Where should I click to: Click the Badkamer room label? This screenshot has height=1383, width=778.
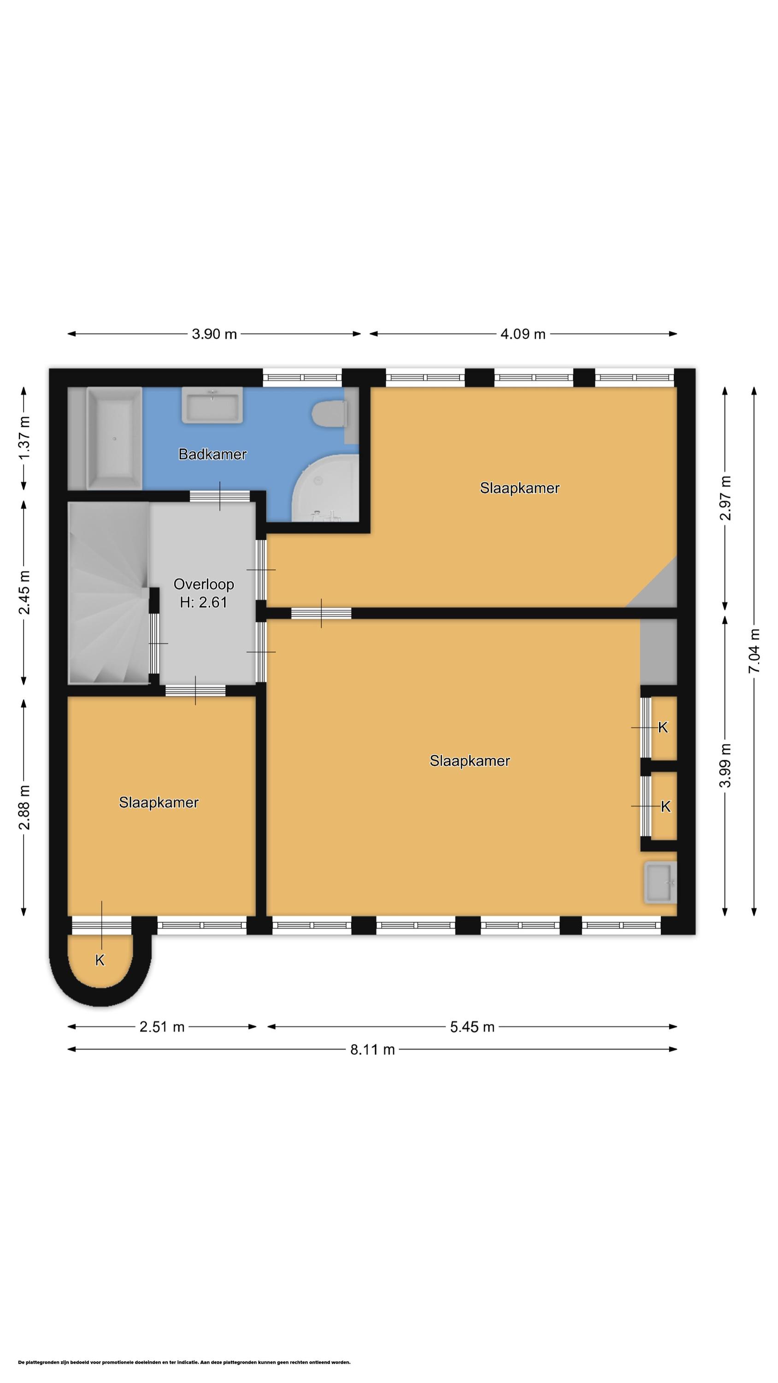coord(212,454)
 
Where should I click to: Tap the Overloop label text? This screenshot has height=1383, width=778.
coord(204,584)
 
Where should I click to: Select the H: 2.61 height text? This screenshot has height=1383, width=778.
coord(204,603)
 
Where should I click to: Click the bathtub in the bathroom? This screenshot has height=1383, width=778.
coord(114,438)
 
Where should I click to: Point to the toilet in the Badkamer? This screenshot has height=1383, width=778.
coord(328,414)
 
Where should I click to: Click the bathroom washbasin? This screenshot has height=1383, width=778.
coord(212,405)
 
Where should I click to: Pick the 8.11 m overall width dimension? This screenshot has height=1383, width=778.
coord(372,1049)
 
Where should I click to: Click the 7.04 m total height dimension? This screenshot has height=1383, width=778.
coord(754,650)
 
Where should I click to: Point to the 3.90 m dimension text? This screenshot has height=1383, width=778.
coord(214,334)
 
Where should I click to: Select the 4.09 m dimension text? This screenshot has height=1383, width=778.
coord(523,334)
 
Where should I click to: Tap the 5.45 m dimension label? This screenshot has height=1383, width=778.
coord(472,1027)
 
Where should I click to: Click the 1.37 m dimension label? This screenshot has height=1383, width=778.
coord(24,438)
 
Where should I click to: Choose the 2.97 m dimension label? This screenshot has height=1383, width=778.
coord(725,498)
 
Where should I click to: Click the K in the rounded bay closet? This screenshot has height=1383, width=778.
coord(100,960)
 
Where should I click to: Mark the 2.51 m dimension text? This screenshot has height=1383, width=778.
coord(162,1027)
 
